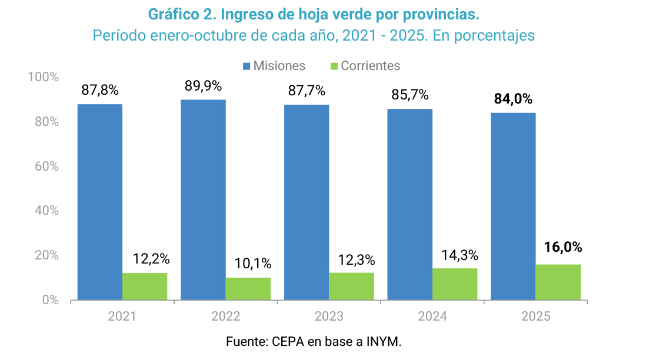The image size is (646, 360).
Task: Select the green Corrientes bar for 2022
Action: [x=248, y=289]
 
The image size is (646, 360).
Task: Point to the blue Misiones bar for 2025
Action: [x=513, y=206]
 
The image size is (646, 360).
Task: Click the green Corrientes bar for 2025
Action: [x=558, y=282]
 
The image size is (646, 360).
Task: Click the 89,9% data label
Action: [x=203, y=86]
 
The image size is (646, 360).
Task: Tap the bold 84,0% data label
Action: [x=513, y=99]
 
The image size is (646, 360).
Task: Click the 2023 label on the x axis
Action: [x=329, y=316]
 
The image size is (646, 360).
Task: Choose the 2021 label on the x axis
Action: [x=122, y=316]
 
